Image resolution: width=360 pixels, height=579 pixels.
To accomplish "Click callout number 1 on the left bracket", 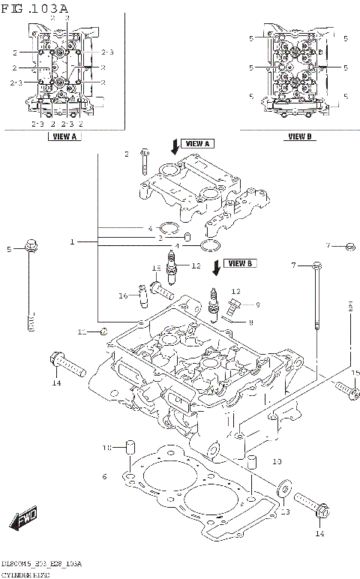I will point(73,242).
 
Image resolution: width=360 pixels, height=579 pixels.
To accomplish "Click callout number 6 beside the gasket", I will point(105,476).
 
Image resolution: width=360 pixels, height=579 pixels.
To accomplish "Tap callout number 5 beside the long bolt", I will point(10,249).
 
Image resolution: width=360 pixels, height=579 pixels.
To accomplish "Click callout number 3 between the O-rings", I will point(160,238).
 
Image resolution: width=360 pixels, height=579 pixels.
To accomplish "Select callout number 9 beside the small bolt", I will point(256,304).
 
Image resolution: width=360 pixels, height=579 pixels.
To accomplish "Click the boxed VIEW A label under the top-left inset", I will point(64,136).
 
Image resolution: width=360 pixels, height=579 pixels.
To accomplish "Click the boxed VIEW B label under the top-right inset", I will point(298,136).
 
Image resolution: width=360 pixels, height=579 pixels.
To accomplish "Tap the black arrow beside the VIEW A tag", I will point(174,145).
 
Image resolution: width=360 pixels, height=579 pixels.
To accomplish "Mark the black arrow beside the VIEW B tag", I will point(217,265).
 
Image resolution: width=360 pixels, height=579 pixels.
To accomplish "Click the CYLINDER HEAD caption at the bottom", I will point(25,574).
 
